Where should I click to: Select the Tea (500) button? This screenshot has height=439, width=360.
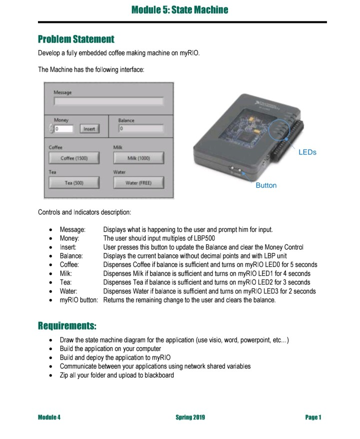pos(74,183)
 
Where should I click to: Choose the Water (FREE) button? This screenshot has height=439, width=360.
pos(138,183)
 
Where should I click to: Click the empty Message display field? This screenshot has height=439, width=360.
pos(108,101)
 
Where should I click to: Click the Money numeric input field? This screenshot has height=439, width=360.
pos(64,129)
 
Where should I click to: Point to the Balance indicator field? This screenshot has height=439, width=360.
pos(140,129)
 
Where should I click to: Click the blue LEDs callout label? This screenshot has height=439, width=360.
pos(307,152)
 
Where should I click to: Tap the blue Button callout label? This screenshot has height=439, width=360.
pos(265,185)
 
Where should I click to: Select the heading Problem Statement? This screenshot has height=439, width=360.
pos(76,39)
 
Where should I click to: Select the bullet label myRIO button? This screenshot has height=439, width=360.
pos(79,300)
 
